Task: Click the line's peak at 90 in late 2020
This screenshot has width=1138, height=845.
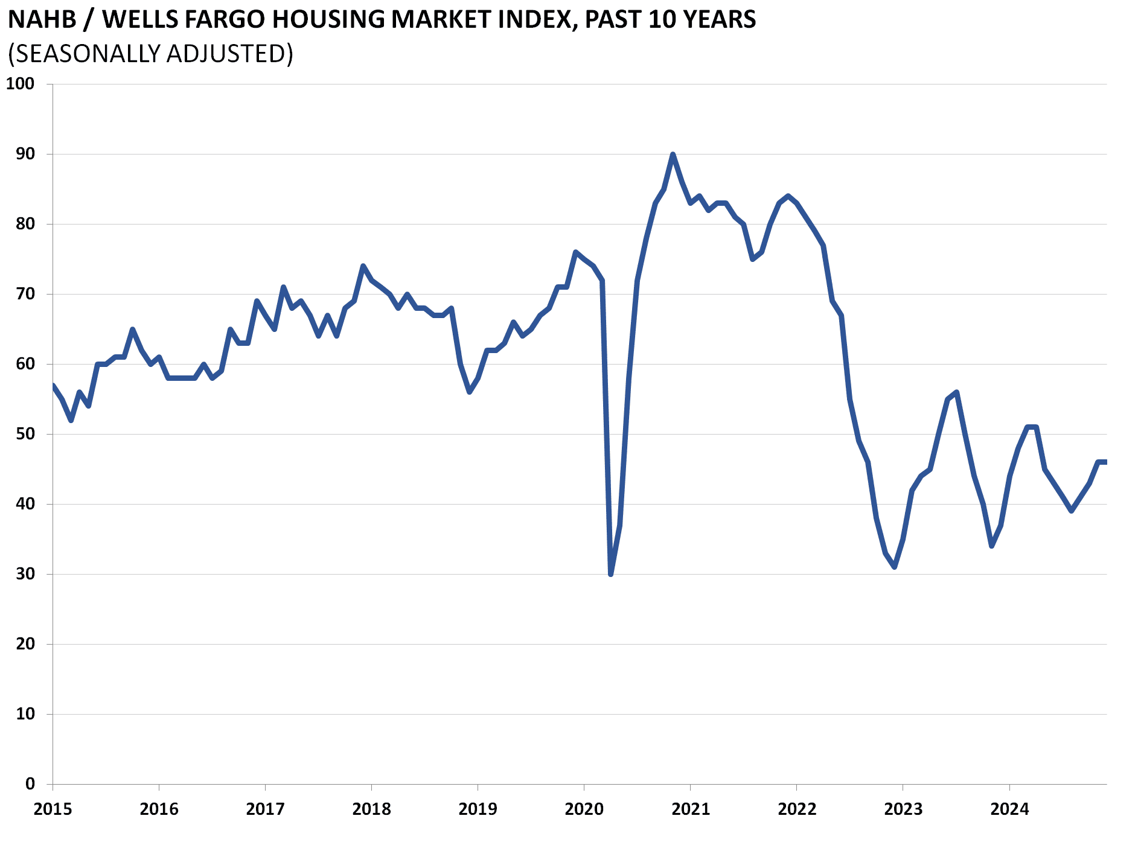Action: click(673, 155)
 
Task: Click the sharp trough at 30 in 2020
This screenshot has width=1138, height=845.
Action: click(610, 574)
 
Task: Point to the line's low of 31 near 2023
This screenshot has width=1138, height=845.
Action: click(894, 567)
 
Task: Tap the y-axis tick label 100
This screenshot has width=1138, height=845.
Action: click(20, 84)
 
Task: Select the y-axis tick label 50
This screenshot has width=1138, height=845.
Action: click(25, 434)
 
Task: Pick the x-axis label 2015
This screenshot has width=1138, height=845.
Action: click(53, 809)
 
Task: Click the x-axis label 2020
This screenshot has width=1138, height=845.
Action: click(584, 809)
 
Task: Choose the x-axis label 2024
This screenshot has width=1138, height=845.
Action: click(1009, 809)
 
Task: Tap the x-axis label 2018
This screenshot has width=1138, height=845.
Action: click(371, 809)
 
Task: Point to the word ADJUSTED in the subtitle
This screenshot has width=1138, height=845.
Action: click(229, 54)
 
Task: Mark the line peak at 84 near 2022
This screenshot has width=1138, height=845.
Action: click(788, 196)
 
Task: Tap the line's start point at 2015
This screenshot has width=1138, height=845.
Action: click(53, 386)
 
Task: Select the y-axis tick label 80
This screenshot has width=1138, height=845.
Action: click(25, 224)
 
